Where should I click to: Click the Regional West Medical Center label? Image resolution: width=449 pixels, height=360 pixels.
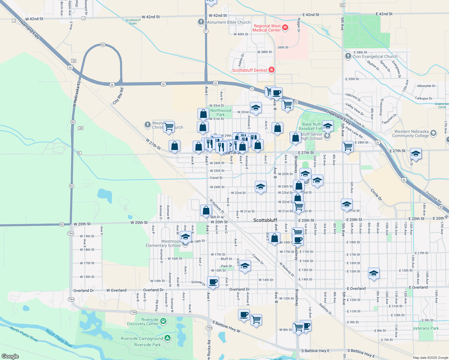click(x=267, y=28)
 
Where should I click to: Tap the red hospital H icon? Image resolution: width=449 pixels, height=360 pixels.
click(x=285, y=28)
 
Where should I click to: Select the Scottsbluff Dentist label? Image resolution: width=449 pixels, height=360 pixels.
click(x=249, y=70)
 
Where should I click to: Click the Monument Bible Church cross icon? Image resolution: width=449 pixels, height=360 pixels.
click(x=201, y=22)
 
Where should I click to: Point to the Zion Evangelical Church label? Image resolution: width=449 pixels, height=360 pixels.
click(x=375, y=56)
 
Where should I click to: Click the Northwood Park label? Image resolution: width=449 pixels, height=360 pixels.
click(x=221, y=112)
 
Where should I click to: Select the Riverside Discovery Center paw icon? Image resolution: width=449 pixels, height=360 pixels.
click(x=163, y=322)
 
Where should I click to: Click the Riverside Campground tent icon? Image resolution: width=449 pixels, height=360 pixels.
click(x=167, y=338)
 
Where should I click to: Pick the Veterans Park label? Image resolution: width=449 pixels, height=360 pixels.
click(x=426, y=328)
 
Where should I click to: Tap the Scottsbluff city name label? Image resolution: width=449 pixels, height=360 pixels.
click(x=265, y=220)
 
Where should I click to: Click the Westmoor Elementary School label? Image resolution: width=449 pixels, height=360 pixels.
click(x=163, y=243)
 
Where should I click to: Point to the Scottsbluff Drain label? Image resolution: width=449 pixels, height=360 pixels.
click(x=133, y=22)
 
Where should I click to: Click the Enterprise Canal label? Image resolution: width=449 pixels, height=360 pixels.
click(x=442, y=105)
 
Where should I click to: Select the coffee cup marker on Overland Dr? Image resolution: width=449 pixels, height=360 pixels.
click(x=213, y=282)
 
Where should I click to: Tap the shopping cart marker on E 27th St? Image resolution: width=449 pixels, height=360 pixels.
click(x=348, y=147)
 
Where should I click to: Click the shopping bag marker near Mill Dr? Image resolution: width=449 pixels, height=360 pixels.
click(x=206, y=210)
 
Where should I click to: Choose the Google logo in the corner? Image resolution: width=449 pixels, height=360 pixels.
click(x=10, y=356)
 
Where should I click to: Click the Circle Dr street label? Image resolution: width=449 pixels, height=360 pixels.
click(x=376, y=195)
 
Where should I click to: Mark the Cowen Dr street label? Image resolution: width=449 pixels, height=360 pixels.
click(x=258, y=259)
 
